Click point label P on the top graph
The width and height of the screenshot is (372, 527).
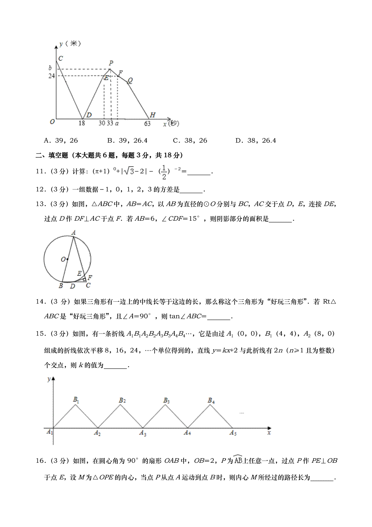click(x=111, y=63)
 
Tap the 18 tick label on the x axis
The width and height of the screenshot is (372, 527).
click(x=82, y=123)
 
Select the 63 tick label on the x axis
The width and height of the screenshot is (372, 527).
click(x=147, y=124)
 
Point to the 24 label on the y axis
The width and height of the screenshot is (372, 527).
click(x=51, y=76)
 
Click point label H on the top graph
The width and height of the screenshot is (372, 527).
click(x=153, y=115)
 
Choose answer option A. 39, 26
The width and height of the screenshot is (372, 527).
click(x=61, y=141)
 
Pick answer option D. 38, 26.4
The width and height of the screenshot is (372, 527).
click(x=255, y=141)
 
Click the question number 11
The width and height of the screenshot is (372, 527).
click(x=40, y=171)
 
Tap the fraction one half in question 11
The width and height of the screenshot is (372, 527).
click(x=164, y=172)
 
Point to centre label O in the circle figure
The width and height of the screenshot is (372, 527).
click(x=63, y=259)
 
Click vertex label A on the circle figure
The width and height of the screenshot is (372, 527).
click(x=73, y=232)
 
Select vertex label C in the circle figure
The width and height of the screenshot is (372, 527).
click(x=88, y=285)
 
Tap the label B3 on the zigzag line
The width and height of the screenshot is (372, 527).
click(x=166, y=401)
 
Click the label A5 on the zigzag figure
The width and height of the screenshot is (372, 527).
click(x=233, y=433)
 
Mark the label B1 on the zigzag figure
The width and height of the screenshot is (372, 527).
click(x=76, y=400)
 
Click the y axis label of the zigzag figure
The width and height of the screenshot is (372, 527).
click(x=49, y=379)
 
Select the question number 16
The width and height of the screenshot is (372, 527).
click(x=40, y=461)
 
